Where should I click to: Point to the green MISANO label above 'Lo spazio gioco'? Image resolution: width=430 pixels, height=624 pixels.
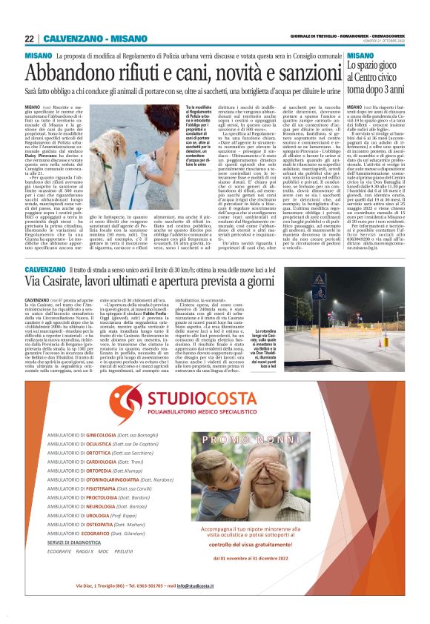tap(360, 56)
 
